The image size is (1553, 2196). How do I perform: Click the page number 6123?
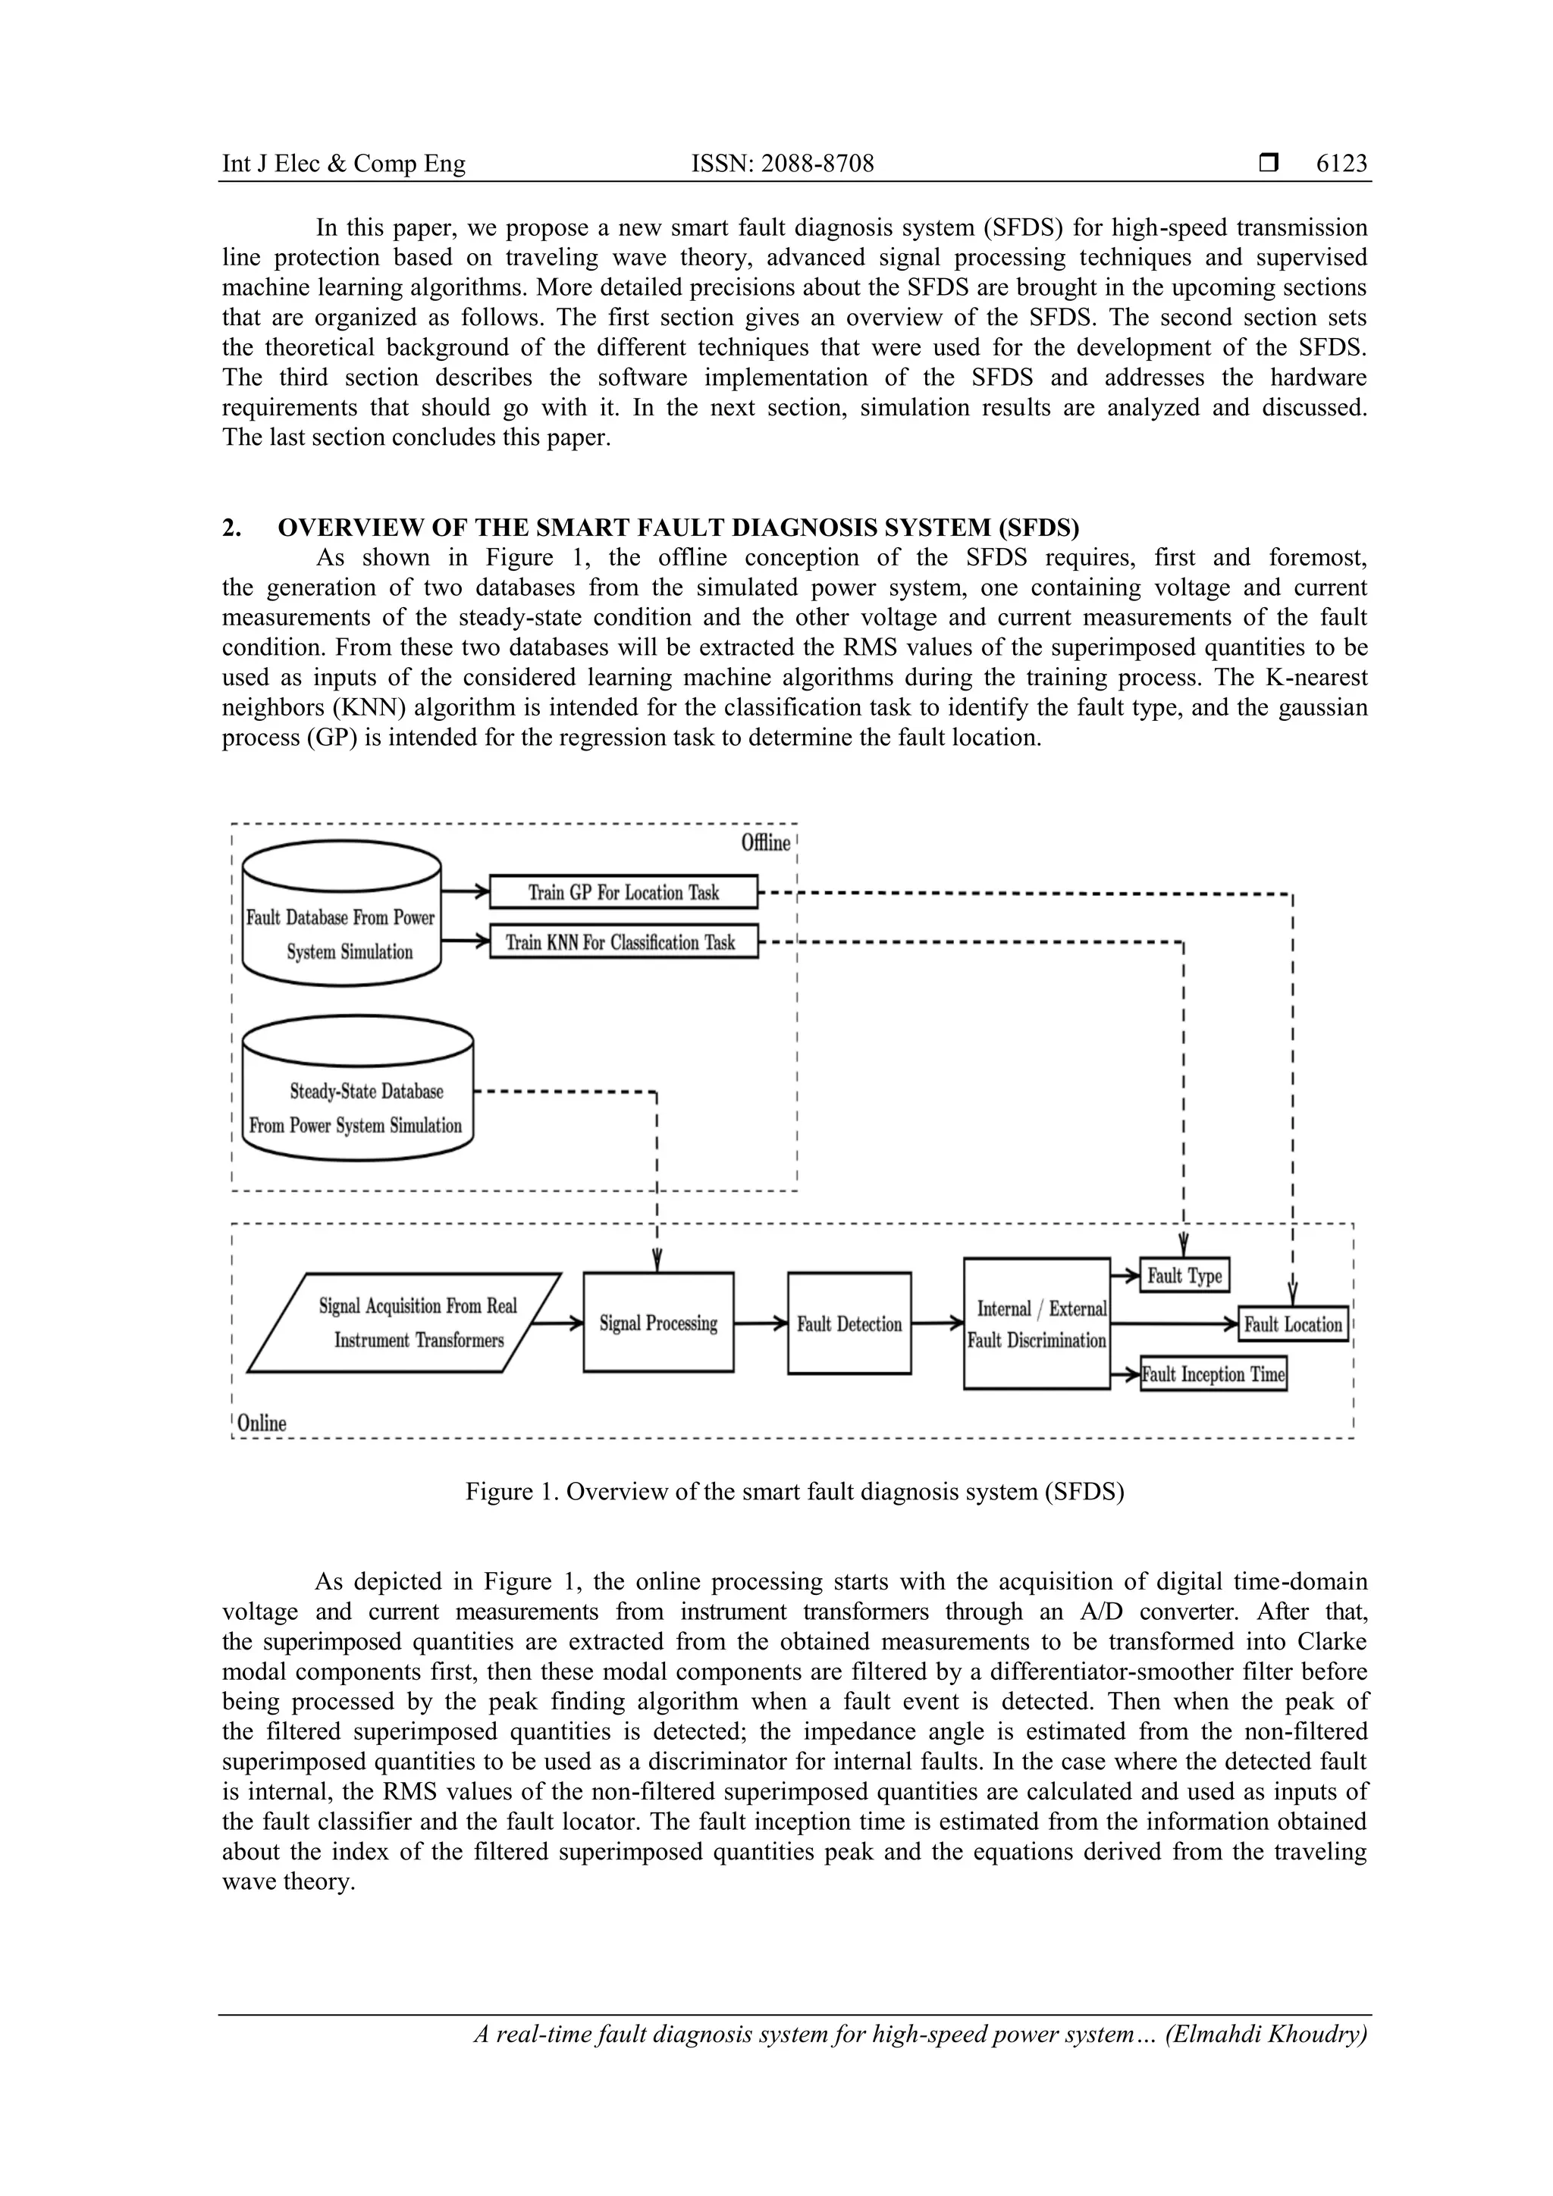click(x=1341, y=164)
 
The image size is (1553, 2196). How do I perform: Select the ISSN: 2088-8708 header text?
click(x=782, y=164)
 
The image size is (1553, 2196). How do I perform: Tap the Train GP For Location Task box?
click(x=623, y=892)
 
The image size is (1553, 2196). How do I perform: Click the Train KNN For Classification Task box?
click(x=623, y=942)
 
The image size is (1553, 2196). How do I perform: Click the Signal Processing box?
click(x=658, y=1323)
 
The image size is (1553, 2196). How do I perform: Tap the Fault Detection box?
click(x=849, y=1324)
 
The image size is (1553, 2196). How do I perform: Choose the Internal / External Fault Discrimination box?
click(x=1037, y=1324)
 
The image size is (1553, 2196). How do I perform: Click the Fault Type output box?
click(x=1184, y=1275)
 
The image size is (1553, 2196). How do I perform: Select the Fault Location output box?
click(x=1293, y=1324)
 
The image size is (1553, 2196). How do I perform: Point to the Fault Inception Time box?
click(x=1213, y=1374)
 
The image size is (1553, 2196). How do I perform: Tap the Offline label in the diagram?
click(x=765, y=843)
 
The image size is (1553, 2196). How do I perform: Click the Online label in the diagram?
click(x=261, y=1422)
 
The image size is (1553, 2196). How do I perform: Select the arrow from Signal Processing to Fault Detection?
click(x=761, y=1324)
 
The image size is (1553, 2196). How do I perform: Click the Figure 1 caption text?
click(x=794, y=1492)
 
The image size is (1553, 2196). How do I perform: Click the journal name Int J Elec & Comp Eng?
click(x=344, y=164)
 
